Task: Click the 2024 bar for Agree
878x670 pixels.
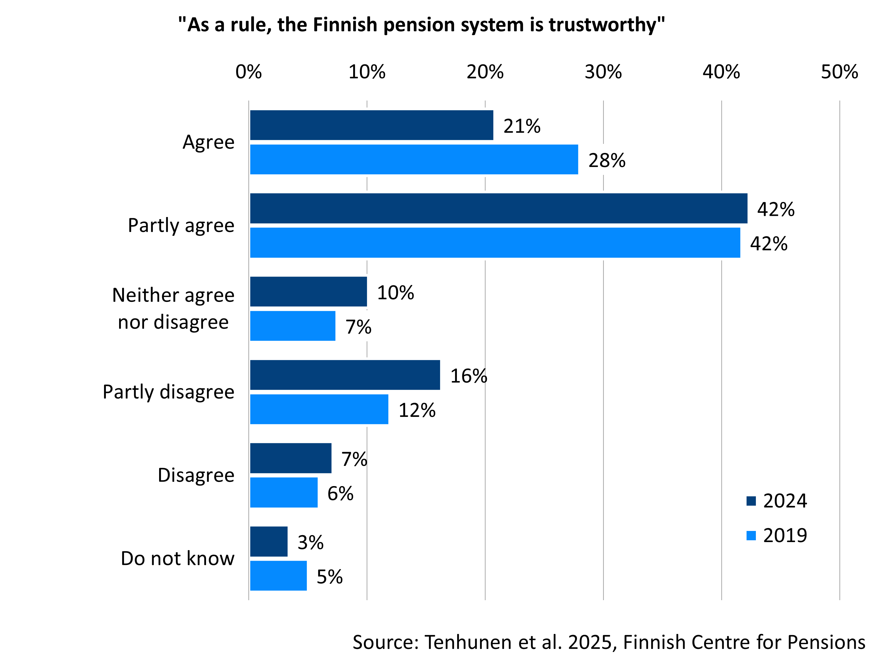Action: tap(371, 125)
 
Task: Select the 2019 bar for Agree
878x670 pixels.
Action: tap(414, 160)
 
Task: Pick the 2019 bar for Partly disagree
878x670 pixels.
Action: tap(319, 409)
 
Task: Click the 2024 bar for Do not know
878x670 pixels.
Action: tap(269, 541)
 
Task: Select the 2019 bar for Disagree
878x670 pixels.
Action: tap(284, 492)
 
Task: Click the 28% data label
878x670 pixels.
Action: tap(607, 160)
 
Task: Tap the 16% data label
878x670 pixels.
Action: tap(469, 376)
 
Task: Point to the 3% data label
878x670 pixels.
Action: tap(310, 542)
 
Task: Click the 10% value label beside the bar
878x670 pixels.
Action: tap(395, 293)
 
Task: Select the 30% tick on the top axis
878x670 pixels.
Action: tap(603, 72)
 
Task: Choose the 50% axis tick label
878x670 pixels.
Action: tap(839, 72)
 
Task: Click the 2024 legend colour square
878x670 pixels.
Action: tap(751, 501)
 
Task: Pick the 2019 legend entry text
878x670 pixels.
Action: tap(785, 535)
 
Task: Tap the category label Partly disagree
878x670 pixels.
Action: tap(168, 392)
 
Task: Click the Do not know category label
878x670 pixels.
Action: tap(178, 558)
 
